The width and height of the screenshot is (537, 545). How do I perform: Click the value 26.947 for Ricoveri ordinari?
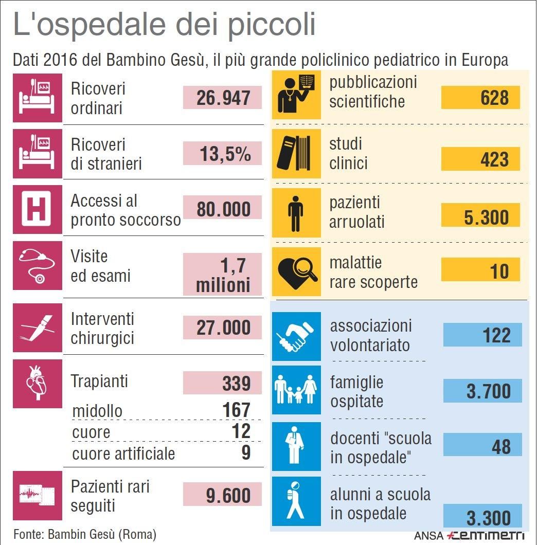223,98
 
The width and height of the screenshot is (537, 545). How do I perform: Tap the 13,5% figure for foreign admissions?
225,154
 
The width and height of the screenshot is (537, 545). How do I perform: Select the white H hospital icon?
37,210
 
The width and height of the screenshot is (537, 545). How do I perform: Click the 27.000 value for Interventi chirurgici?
223,328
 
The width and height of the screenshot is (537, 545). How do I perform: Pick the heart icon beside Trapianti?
37,383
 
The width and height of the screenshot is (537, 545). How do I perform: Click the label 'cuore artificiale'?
123,453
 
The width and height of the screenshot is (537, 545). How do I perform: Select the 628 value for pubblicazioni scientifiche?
494,97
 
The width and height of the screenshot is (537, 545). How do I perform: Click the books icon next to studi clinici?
296,153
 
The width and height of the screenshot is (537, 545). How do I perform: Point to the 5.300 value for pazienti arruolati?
486,217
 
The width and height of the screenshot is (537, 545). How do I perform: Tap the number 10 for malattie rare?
498,271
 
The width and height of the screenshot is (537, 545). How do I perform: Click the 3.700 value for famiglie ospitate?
488,391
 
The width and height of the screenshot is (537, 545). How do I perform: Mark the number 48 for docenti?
500,446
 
